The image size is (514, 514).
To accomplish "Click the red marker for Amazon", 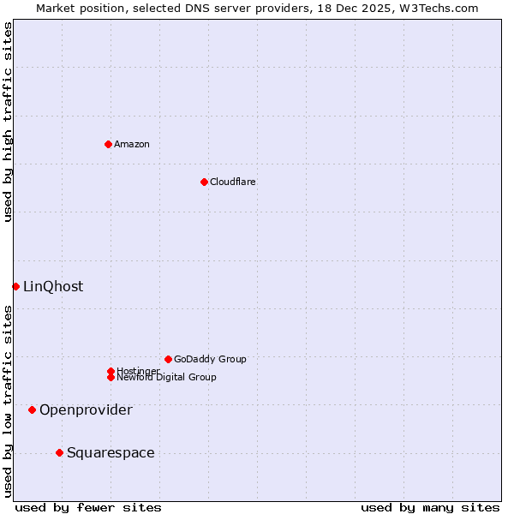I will pyautogui.click(x=108, y=144).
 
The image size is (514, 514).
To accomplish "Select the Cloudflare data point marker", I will pyautogui.click(x=204, y=182).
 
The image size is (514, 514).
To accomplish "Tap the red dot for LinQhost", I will pyautogui.click(x=15, y=286).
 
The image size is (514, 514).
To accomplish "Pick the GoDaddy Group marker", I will pyautogui.click(x=168, y=359).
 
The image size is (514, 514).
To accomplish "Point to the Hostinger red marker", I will pyautogui.click(x=111, y=371).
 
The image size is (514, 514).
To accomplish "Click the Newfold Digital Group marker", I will pyautogui.click(x=111, y=378).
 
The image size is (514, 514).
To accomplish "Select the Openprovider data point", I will pyautogui.click(x=32, y=409).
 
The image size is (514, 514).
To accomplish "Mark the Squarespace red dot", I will pyautogui.click(x=59, y=452).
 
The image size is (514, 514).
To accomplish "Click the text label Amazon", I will pyautogui.click(x=131, y=144).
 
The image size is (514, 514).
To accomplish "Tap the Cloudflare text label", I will pyautogui.click(x=232, y=182).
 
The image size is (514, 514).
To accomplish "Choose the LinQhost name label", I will pyautogui.click(x=53, y=286).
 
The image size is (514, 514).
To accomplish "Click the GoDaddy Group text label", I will pyautogui.click(x=210, y=359).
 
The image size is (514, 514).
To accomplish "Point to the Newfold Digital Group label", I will pyautogui.click(x=166, y=378).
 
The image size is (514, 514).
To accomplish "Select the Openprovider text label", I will pyautogui.click(x=86, y=409).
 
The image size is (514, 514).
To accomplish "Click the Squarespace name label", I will pyautogui.click(x=111, y=452).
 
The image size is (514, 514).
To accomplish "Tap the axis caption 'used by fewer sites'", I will pyautogui.click(x=88, y=507).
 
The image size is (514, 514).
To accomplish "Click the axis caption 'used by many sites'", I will pyautogui.click(x=430, y=507).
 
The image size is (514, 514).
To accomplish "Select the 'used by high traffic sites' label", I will pyautogui.click(x=8, y=122).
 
